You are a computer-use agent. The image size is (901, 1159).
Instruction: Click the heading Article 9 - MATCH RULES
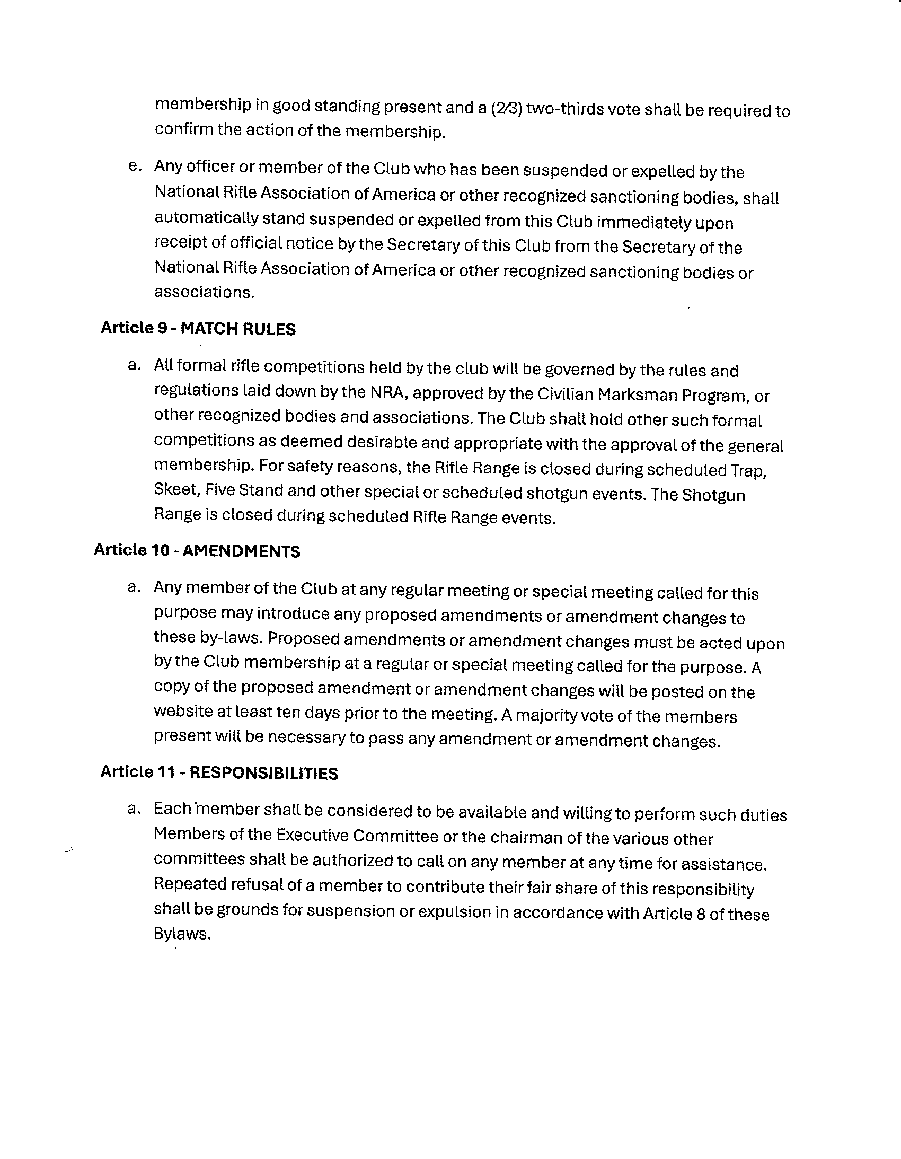pyautogui.click(x=198, y=329)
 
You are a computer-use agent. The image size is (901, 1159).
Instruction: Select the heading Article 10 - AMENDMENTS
pyautogui.click(x=197, y=551)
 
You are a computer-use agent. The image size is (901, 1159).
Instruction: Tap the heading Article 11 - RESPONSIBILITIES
pyautogui.click(x=219, y=772)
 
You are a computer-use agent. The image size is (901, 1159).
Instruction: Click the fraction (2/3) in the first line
pyautogui.click(x=507, y=108)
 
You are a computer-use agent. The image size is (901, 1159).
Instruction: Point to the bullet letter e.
pyautogui.click(x=135, y=166)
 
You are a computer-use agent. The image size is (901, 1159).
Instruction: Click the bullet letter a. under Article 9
pyautogui.click(x=134, y=365)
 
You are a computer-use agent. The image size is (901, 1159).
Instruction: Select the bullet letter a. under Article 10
pyautogui.click(x=134, y=587)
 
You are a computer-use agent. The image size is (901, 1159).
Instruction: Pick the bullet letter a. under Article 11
pyautogui.click(x=134, y=809)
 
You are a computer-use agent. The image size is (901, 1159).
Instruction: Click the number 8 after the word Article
pyautogui.click(x=700, y=914)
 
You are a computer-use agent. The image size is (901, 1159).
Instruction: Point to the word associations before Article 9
pyautogui.click(x=204, y=293)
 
